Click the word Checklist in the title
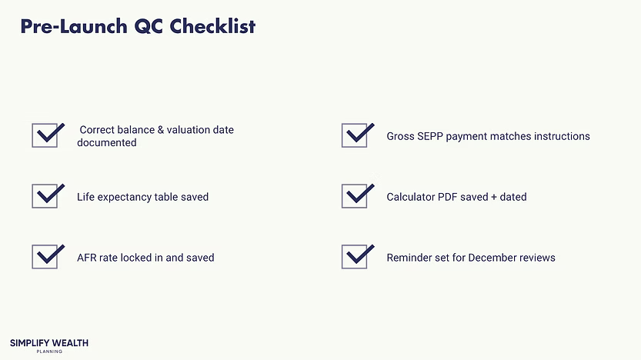tap(212, 27)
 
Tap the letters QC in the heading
tap(146, 27)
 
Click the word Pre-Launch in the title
tap(73, 27)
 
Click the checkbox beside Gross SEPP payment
tap(355, 136)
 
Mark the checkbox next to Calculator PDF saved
tap(355, 197)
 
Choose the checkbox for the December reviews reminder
tap(355, 257)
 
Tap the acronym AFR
tap(86, 258)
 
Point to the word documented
tap(107, 143)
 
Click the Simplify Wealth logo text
tap(49, 343)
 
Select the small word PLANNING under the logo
tap(49, 352)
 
